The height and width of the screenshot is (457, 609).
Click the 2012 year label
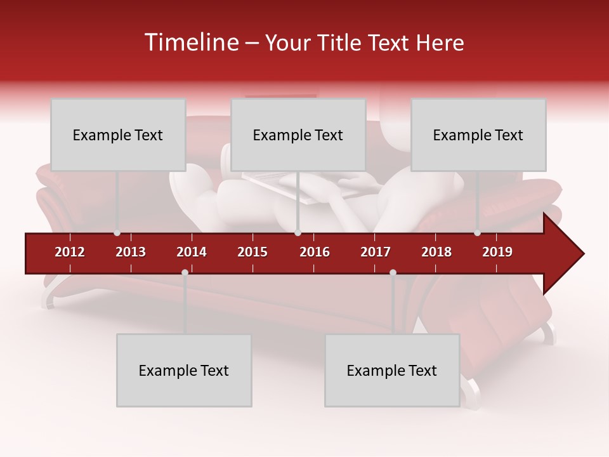point(70,252)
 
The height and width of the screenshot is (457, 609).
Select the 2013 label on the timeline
point(131,252)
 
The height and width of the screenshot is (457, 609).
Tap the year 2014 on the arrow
point(192,252)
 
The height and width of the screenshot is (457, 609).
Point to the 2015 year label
point(252,252)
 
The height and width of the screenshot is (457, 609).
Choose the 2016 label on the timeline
point(315,252)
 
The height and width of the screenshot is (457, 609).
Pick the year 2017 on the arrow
point(376,252)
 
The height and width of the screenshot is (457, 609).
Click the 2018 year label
point(436,252)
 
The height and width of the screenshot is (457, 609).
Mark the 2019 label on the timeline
point(497,252)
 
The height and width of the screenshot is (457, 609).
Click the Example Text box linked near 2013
point(118,135)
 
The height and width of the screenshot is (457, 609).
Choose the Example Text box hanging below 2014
point(184,370)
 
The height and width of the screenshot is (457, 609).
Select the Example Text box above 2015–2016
point(298,135)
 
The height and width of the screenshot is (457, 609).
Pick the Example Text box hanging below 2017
point(392,370)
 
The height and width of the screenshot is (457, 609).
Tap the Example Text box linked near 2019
point(478,135)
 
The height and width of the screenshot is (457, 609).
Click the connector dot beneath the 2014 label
point(185,272)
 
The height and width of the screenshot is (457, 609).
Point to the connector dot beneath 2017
point(393,272)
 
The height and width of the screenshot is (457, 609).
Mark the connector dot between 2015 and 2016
point(298,233)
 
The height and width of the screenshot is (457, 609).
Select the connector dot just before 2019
point(478,233)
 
